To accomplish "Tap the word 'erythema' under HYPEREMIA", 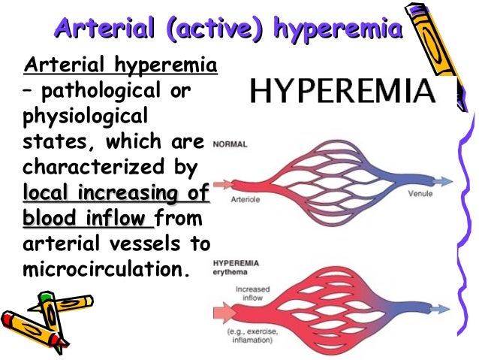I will pyautogui.click(x=231, y=273).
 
